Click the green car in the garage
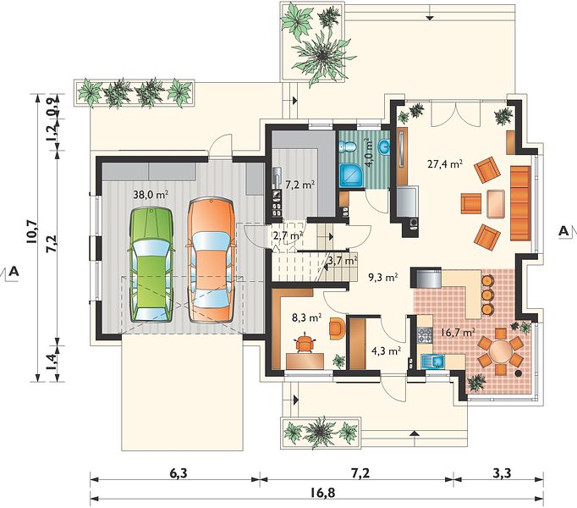click(x=151, y=265)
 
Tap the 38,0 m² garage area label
click(x=151, y=195)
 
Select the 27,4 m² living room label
click(x=445, y=163)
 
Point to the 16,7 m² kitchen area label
click(x=457, y=332)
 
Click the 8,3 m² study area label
click(x=307, y=317)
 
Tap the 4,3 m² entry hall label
click(x=386, y=351)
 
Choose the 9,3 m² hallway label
click(x=383, y=277)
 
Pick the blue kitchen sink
click(x=433, y=362)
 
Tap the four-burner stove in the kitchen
click(x=425, y=335)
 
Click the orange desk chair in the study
click(x=305, y=342)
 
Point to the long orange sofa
click(x=520, y=203)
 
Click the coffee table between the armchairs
click(x=496, y=203)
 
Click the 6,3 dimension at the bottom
click(x=179, y=472)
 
